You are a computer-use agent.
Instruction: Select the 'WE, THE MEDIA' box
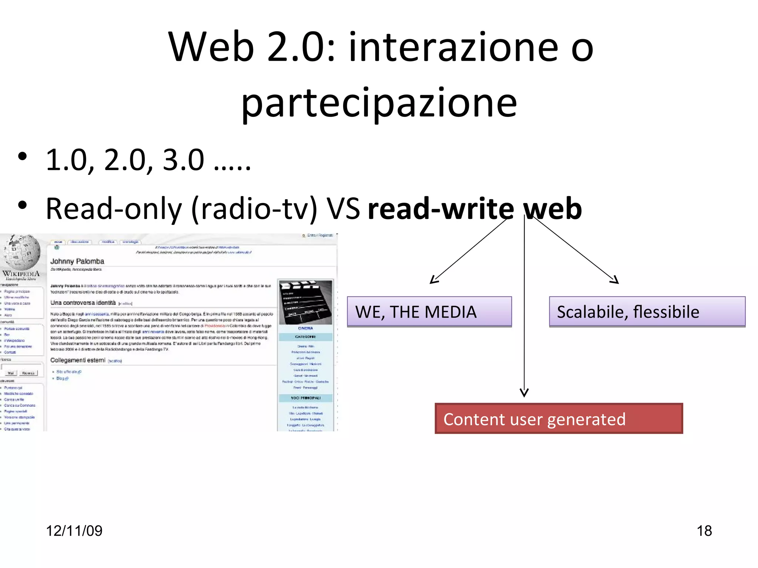429,312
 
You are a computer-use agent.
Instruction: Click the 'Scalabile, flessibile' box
647,312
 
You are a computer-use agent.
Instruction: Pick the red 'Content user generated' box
559,419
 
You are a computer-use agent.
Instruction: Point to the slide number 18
704,531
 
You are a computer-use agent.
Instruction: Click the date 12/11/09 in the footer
74,531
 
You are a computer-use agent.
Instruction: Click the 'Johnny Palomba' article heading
77,261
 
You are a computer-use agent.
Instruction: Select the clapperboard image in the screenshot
306,301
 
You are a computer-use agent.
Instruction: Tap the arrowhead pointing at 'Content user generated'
524,393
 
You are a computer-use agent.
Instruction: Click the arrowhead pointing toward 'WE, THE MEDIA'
434,280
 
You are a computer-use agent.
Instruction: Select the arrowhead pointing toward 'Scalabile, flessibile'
615,280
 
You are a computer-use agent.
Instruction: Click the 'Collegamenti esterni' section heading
78,360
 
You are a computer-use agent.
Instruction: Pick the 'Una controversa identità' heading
83,303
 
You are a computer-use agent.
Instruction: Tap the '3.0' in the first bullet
183,160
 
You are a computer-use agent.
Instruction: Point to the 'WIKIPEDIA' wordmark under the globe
21,274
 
